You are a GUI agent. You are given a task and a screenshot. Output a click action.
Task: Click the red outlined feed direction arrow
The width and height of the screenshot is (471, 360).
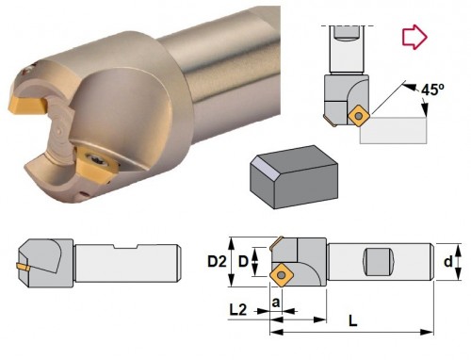[414, 37]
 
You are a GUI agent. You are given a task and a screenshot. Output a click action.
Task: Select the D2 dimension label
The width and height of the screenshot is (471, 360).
[217, 261]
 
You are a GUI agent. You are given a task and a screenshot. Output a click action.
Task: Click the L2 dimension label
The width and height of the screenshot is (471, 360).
[238, 310]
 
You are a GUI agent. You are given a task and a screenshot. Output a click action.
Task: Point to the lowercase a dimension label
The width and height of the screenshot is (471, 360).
[276, 303]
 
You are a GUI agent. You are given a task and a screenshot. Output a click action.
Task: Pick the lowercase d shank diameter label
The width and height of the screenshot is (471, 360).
[448, 261]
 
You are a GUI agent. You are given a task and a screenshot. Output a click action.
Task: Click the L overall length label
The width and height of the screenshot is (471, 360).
[353, 321]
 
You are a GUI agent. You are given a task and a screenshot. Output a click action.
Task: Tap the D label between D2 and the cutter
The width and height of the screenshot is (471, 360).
[243, 261]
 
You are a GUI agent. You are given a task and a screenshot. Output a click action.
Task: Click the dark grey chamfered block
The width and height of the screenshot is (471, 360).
[294, 177]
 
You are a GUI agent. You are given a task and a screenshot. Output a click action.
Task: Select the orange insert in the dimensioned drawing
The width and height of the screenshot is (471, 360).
[282, 275]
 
